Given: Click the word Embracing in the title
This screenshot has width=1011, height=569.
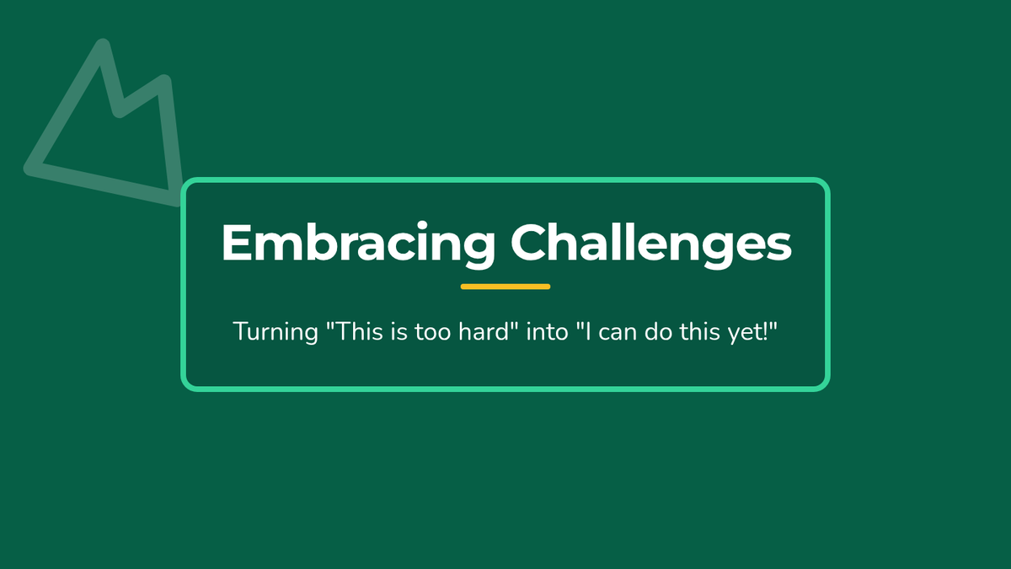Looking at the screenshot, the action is click(x=358, y=244).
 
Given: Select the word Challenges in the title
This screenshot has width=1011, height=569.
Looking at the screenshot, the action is click(x=651, y=243).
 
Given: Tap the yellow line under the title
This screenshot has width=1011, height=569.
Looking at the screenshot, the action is click(x=505, y=287).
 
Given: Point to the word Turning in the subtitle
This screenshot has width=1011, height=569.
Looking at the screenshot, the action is click(x=275, y=332).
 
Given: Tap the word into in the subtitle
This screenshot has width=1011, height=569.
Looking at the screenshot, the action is click(x=547, y=331).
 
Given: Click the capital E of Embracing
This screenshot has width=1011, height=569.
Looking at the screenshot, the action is click(x=237, y=243).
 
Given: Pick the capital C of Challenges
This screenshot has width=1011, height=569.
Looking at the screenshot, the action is click(x=528, y=243).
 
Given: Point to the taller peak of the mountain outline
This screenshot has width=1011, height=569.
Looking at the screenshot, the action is click(x=103, y=46).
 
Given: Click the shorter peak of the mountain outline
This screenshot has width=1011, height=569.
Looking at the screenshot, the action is click(x=164, y=81).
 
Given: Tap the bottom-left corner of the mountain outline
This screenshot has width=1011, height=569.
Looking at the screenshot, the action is click(x=30, y=169).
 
